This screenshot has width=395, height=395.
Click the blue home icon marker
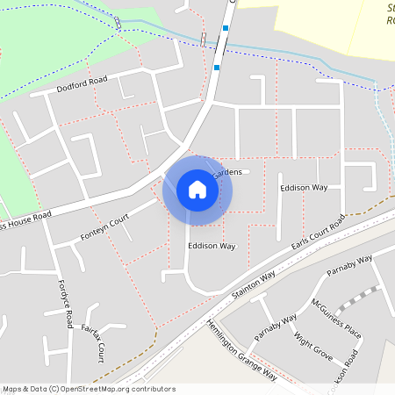coord(197,190)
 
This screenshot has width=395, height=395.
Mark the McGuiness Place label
coord(336,319)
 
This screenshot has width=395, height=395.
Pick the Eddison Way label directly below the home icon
coord(212,247)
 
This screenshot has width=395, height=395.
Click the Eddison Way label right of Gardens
coord(304,188)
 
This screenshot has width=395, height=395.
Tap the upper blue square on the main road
coord(226,28)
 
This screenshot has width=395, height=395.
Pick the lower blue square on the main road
coord(216,66)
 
